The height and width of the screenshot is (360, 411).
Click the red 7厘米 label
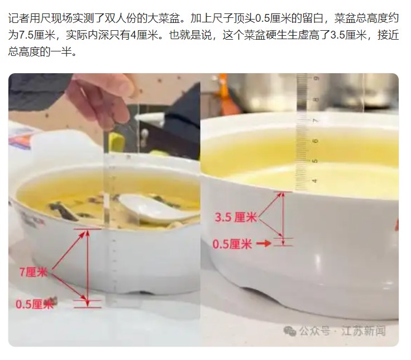tap(34, 272)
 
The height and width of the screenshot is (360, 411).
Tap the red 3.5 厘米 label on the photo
tap(236, 217)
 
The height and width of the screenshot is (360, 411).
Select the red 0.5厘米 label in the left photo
tap(35, 304)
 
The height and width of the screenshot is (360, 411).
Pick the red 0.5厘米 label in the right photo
tap(232, 244)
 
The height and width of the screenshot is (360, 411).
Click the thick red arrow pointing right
tap(264, 244)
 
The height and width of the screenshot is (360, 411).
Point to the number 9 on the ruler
tap(316, 78)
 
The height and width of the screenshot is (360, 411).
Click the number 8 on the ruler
tap(316, 100)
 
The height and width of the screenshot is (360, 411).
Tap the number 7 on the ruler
tap(316, 120)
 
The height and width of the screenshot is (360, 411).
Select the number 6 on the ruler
tap(316, 141)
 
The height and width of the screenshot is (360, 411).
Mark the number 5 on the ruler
tap(315, 160)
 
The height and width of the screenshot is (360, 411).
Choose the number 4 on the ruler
tap(315, 181)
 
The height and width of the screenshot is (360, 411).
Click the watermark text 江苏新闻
tap(364, 330)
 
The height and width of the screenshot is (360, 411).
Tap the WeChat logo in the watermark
tap(290, 330)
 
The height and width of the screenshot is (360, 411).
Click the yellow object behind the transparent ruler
tap(117, 141)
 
